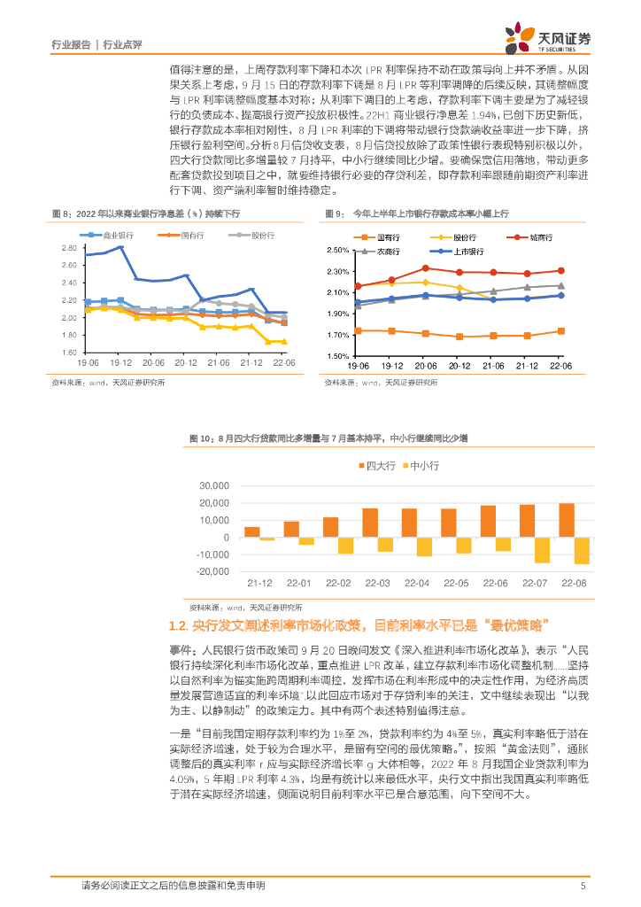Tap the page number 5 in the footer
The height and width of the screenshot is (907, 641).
pos(582,885)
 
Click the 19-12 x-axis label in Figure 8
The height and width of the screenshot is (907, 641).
pos(120,363)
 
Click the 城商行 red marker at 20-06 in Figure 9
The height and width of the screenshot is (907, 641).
pos(425,268)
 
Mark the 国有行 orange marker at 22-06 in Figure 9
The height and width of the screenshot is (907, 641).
pos(560,331)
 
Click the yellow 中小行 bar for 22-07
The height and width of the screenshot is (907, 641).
pos(542,551)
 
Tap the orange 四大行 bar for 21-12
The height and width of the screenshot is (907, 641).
pos(252,532)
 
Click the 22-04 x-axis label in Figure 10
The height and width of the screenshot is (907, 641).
pos(417,583)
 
